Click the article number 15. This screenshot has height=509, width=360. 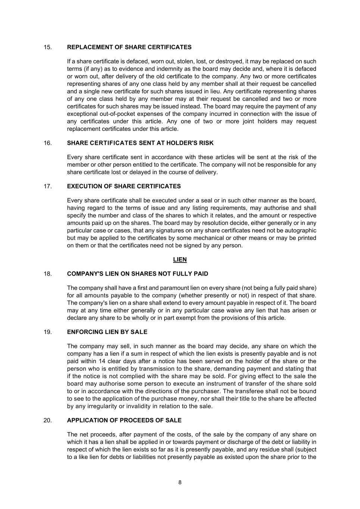(x=47, y=47)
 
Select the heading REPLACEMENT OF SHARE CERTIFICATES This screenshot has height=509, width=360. (x=129, y=47)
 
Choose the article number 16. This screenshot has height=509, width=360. (x=47, y=143)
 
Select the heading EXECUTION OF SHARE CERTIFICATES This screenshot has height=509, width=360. (x=124, y=186)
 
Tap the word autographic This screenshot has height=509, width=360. (x=301, y=230)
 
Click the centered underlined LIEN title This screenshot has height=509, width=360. (x=180, y=260)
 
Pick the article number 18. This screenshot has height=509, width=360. (x=47, y=274)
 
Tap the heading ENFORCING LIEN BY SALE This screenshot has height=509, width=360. (x=107, y=332)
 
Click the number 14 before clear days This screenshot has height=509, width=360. (x=102, y=361)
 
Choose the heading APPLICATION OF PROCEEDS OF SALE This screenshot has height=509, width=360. (x=124, y=420)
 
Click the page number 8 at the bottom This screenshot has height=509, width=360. (x=180, y=483)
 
